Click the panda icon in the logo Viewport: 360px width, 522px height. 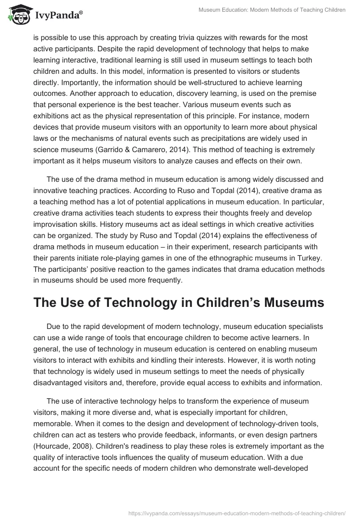coord(17,14)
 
